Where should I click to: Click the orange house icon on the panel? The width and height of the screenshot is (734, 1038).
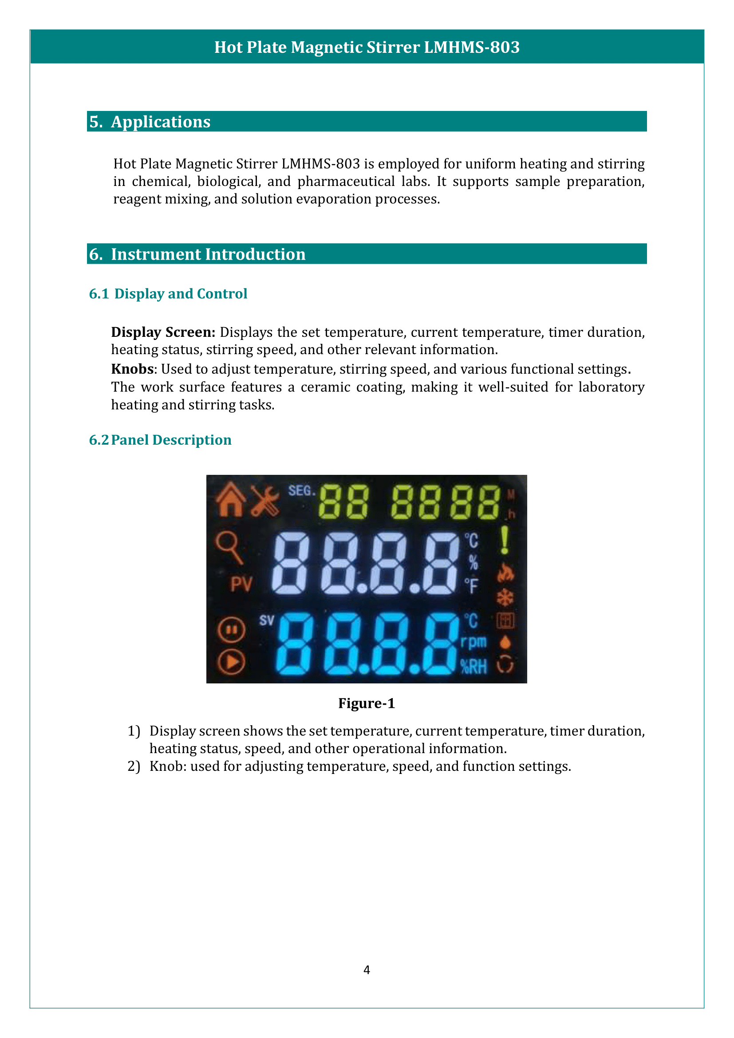(x=230, y=500)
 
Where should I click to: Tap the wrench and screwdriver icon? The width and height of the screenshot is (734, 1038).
(x=265, y=501)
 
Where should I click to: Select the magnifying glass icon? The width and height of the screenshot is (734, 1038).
(x=229, y=548)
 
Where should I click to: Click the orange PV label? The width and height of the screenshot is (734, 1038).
(x=241, y=584)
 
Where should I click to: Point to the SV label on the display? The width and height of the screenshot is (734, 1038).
(x=267, y=620)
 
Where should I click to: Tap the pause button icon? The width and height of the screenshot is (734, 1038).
(x=231, y=630)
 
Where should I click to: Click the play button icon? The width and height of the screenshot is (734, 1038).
(x=231, y=662)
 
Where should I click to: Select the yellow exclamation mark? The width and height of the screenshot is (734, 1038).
(x=505, y=541)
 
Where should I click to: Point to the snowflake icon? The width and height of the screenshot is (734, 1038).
(x=505, y=598)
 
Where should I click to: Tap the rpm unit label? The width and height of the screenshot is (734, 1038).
(x=474, y=643)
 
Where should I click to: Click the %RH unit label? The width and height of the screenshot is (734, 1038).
(x=474, y=667)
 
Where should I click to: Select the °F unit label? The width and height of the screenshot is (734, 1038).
(x=471, y=586)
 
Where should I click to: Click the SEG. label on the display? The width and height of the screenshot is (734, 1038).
(x=301, y=490)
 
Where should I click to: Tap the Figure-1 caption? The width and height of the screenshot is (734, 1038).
(x=367, y=703)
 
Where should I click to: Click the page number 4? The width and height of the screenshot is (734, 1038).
(x=367, y=970)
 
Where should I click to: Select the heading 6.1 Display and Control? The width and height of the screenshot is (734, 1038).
(x=168, y=294)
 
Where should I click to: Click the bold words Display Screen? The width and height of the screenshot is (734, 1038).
(x=163, y=332)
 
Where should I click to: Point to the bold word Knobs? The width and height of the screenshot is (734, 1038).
(x=132, y=369)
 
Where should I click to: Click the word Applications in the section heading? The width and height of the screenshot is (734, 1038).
(x=161, y=122)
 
